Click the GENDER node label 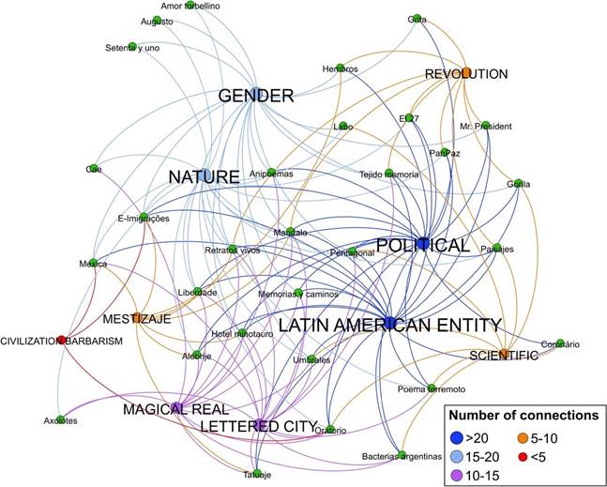click(256, 96)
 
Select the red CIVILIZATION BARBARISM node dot click(62, 340)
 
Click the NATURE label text click(204, 176)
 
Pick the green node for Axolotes click(61, 419)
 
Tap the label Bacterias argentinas click(402, 457)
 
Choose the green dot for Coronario click(560, 342)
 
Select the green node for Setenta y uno click(132, 46)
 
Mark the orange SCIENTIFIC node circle click(504, 354)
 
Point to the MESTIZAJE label click(136, 319)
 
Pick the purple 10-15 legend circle click(457, 478)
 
